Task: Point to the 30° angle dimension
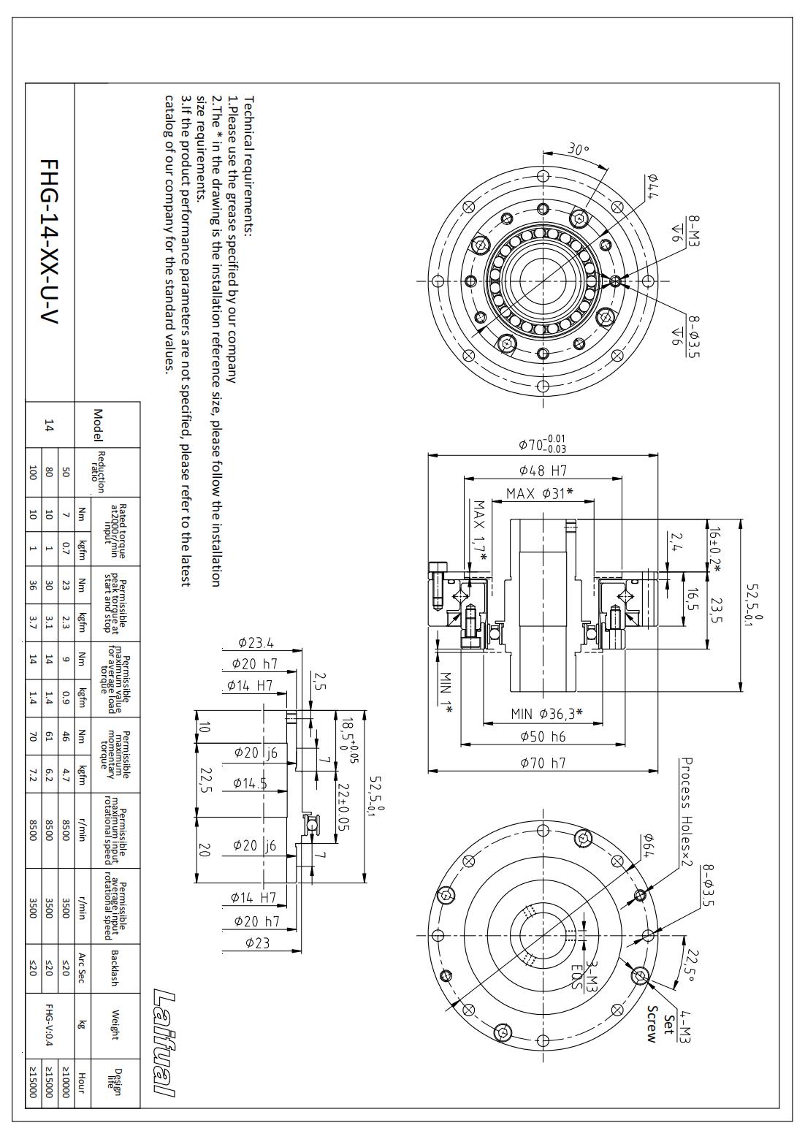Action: coord(578,150)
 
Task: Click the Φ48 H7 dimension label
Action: coord(543,471)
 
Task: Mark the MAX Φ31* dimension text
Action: coord(539,493)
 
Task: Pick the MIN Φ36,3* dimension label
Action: coord(546,714)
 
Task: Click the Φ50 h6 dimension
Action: coord(543,736)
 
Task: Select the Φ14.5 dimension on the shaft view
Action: coord(250,784)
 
